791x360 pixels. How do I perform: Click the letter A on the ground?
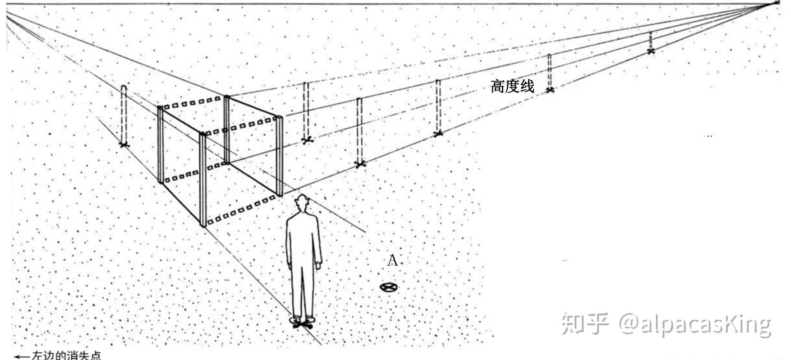(x=393, y=261)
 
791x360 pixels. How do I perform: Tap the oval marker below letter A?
(x=387, y=287)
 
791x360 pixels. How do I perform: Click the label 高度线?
(x=512, y=86)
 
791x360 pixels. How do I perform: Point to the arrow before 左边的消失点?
(x=22, y=356)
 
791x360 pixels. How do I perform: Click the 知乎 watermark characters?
(x=585, y=324)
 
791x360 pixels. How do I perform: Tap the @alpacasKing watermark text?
(x=694, y=324)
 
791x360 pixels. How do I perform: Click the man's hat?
(x=301, y=199)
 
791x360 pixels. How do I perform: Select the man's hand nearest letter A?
(x=319, y=266)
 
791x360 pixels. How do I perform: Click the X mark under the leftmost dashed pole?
(x=124, y=145)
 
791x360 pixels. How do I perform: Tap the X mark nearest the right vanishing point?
(x=650, y=51)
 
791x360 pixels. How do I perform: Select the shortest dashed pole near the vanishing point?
(x=650, y=41)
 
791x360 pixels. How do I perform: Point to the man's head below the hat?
(x=301, y=207)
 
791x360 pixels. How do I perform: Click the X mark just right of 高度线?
(x=549, y=90)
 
